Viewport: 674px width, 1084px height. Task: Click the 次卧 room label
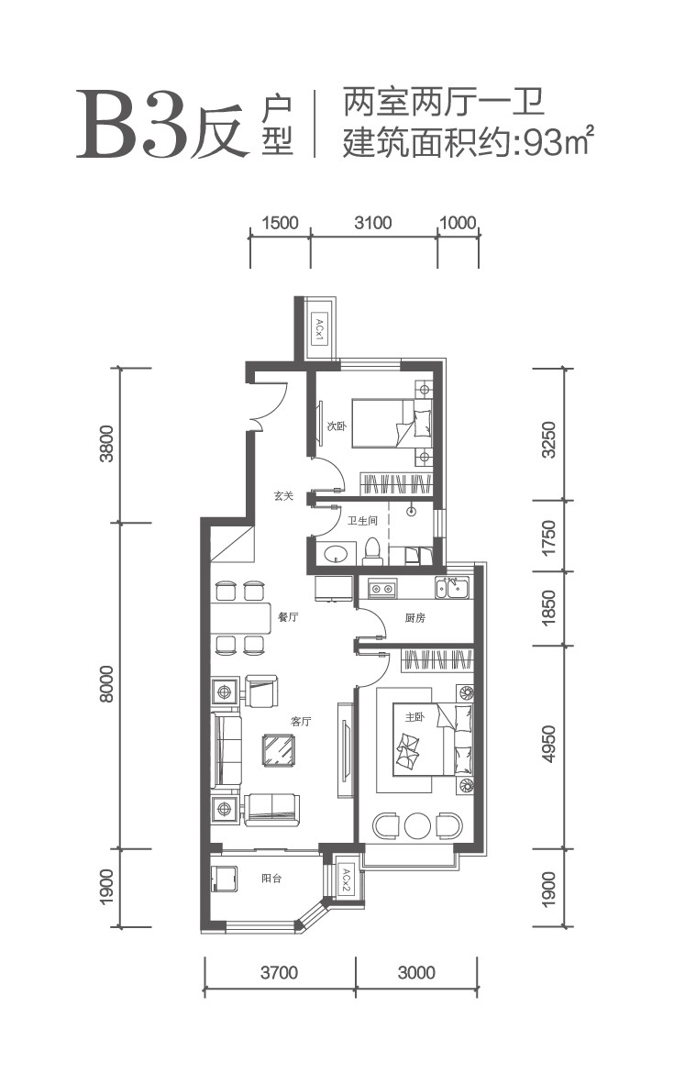[x=337, y=426]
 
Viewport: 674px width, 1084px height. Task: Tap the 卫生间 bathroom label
[x=362, y=521]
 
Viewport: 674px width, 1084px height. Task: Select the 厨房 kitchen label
[x=414, y=618]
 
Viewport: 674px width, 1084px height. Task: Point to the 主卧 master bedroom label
[x=414, y=717]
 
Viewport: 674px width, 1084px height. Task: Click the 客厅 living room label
[x=302, y=722]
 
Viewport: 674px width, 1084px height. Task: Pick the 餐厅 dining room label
[x=288, y=617]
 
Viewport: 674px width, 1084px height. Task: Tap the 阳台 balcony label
[x=271, y=879]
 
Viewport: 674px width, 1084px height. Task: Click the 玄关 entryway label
[x=283, y=495]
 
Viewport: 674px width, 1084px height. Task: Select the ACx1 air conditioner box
[x=320, y=330]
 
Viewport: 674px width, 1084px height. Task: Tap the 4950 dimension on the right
[x=549, y=744]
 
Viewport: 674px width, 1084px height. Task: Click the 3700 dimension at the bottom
[x=280, y=973]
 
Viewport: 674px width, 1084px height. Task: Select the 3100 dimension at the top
[x=372, y=223]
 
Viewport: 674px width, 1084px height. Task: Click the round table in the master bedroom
[x=417, y=824]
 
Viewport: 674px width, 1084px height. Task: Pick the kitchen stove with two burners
[x=382, y=589]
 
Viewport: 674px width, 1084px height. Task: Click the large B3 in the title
[x=132, y=125]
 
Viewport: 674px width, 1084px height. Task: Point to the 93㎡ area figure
[x=559, y=142]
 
